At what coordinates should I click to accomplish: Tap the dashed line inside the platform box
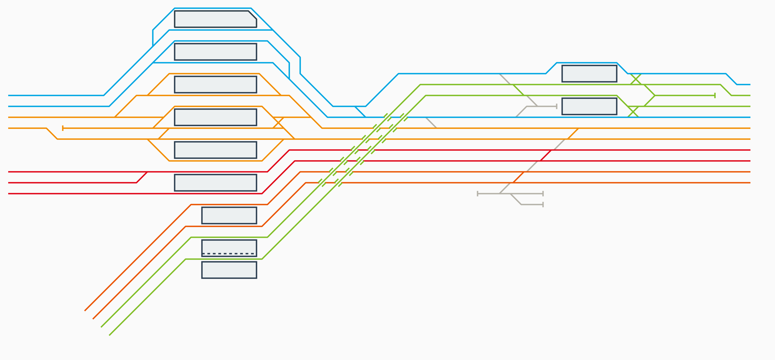[x=229, y=254]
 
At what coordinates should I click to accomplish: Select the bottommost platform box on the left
[x=229, y=270]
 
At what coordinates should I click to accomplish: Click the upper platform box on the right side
[x=589, y=73]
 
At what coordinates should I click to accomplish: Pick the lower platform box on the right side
[x=589, y=106]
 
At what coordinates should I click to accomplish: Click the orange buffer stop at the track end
[x=62, y=128]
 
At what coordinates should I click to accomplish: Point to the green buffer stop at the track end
[x=714, y=95]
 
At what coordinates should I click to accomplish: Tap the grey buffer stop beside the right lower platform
[x=556, y=106]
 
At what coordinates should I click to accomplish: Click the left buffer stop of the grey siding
[x=478, y=193]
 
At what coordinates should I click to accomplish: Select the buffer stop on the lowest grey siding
[x=543, y=205]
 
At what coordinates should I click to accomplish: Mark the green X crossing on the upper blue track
[x=636, y=79]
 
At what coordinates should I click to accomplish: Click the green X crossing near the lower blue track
[x=633, y=112]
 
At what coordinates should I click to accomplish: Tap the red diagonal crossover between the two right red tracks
[x=546, y=155]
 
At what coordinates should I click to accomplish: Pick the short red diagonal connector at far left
[x=142, y=177]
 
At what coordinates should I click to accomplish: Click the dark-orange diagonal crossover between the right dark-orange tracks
[x=518, y=177]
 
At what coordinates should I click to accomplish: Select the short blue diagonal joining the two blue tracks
[x=360, y=112]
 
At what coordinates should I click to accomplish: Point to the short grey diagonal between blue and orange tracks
[x=431, y=122]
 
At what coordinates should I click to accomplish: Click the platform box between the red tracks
[x=215, y=182]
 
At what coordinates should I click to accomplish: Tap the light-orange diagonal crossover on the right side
[x=573, y=134]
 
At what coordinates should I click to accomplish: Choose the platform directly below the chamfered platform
[x=215, y=52]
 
